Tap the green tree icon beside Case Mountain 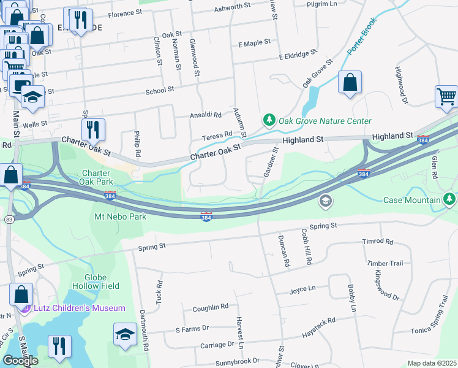450,199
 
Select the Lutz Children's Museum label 79,308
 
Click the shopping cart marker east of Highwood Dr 446,97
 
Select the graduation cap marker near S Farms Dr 125,335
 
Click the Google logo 20,360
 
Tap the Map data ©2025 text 432,363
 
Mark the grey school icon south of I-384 326,201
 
